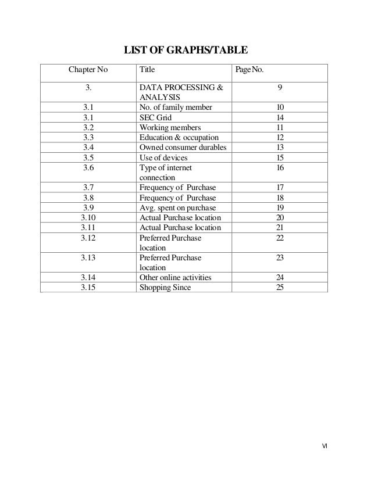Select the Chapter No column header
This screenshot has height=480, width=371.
[x=88, y=70]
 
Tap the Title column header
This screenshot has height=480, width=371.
[x=147, y=70]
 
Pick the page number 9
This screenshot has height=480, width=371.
[x=280, y=87]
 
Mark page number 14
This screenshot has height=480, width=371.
[x=280, y=116]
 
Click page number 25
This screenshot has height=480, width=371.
[x=280, y=287]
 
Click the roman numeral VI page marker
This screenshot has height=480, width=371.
[x=325, y=446]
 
